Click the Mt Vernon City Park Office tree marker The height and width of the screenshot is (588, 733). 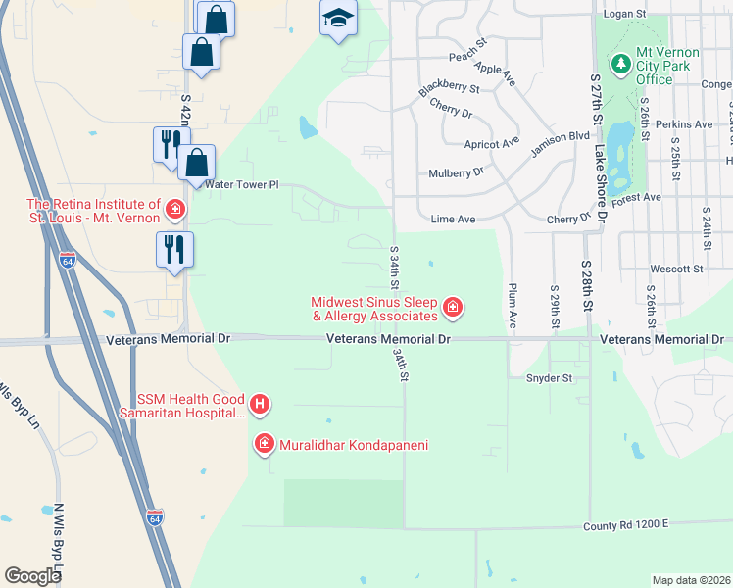tap(619, 66)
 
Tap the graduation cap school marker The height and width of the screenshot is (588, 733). tap(338, 19)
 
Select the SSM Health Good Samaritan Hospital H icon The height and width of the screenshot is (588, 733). tap(260, 403)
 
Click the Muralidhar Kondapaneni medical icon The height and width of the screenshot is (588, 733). tap(264, 445)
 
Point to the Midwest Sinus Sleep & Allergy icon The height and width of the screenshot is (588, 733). tap(452, 309)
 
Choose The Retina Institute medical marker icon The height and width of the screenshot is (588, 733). tap(175, 208)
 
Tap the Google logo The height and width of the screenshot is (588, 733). tap(32, 576)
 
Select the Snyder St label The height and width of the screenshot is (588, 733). tap(549, 377)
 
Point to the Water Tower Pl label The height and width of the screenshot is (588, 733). tap(242, 184)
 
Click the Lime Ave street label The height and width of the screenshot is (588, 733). tap(454, 220)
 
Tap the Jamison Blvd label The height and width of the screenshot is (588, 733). tap(560, 144)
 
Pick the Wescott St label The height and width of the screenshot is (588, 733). tap(677, 269)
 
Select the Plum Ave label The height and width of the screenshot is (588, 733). tap(512, 306)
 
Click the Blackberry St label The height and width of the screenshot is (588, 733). tap(449, 89)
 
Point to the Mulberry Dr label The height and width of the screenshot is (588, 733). tap(457, 172)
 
